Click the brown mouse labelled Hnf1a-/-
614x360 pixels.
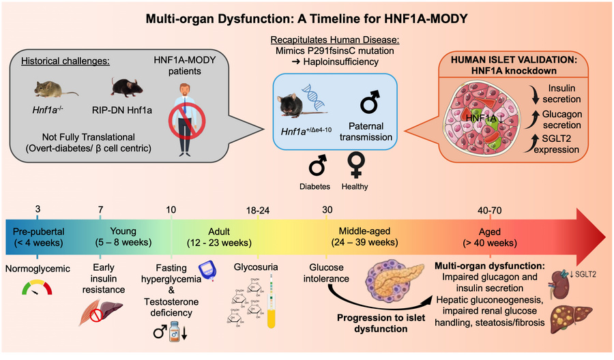[x=54, y=89]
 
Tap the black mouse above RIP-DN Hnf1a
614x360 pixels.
[x=126, y=87]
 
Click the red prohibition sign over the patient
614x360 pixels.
[x=187, y=121]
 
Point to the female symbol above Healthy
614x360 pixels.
[x=356, y=165]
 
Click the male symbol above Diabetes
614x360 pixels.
[x=317, y=165]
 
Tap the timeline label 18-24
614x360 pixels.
[x=258, y=211]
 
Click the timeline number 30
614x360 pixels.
[x=327, y=210]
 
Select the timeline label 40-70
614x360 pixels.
[x=489, y=211]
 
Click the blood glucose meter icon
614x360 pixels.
[x=207, y=271]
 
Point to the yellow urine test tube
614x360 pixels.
[x=271, y=301]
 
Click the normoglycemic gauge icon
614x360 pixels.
[x=38, y=288]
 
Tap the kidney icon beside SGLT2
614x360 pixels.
[x=560, y=284]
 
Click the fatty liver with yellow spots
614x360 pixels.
[x=571, y=318]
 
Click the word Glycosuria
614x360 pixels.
[x=256, y=267]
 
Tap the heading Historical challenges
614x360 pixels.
[x=65, y=61]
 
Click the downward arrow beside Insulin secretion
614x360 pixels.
[x=534, y=94]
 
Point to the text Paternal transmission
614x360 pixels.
[x=366, y=132]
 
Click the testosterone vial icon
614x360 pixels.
[x=174, y=332]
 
